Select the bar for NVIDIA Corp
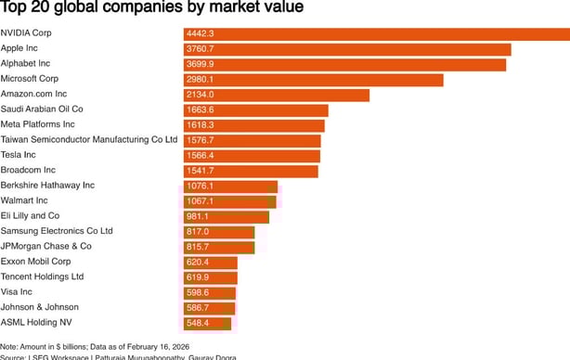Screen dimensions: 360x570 coord(376,34)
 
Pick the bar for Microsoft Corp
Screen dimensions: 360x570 coord(313,80)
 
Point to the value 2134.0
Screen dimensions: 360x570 coord(200,95)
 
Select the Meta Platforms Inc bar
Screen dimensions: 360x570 coord(253,125)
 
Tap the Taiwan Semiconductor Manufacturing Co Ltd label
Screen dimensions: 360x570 coord(88,140)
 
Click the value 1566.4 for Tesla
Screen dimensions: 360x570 coord(200,156)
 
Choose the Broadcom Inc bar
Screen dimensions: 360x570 coord(251,171)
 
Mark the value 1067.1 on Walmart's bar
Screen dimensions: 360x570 coord(200,201)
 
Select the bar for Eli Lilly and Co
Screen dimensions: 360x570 coord(226,216)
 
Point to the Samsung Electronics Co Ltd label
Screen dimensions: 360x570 coord(57,231)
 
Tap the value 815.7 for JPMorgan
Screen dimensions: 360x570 coord(198,247)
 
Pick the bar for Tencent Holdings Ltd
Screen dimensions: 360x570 coord(210,276)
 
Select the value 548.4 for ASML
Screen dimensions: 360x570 coord(198,323)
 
